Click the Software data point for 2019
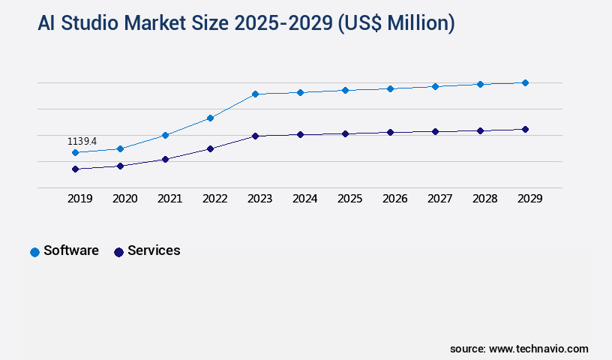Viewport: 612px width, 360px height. click(x=75, y=152)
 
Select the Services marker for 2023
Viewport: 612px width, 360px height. click(x=255, y=136)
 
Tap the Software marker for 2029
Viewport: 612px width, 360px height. click(x=525, y=82)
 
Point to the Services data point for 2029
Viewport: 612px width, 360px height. click(x=525, y=129)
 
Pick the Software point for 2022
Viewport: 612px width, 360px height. click(x=210, y=118)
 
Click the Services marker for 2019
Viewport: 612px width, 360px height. click(x=75, y=169)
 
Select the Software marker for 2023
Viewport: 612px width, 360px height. click(x=255, y=94)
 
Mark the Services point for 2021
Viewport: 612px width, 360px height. click(x=165, y=159)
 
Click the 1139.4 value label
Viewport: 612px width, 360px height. click(x=82, y=141)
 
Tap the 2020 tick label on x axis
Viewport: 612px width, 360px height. click(x=124, y=199)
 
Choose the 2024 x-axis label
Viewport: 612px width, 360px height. click(x=304, y=199)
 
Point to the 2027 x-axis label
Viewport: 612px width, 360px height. click(x=439, y=199)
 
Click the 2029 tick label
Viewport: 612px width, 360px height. click(x=529, y=199)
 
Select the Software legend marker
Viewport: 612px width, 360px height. click(x=34, y=252)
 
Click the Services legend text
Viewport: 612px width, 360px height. click(x=154, y=250)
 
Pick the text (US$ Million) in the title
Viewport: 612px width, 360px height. click(x=396, y=24)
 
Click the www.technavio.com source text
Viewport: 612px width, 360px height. click(x=538, y=349)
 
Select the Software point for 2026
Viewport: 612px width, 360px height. click(x=390, y=88)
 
